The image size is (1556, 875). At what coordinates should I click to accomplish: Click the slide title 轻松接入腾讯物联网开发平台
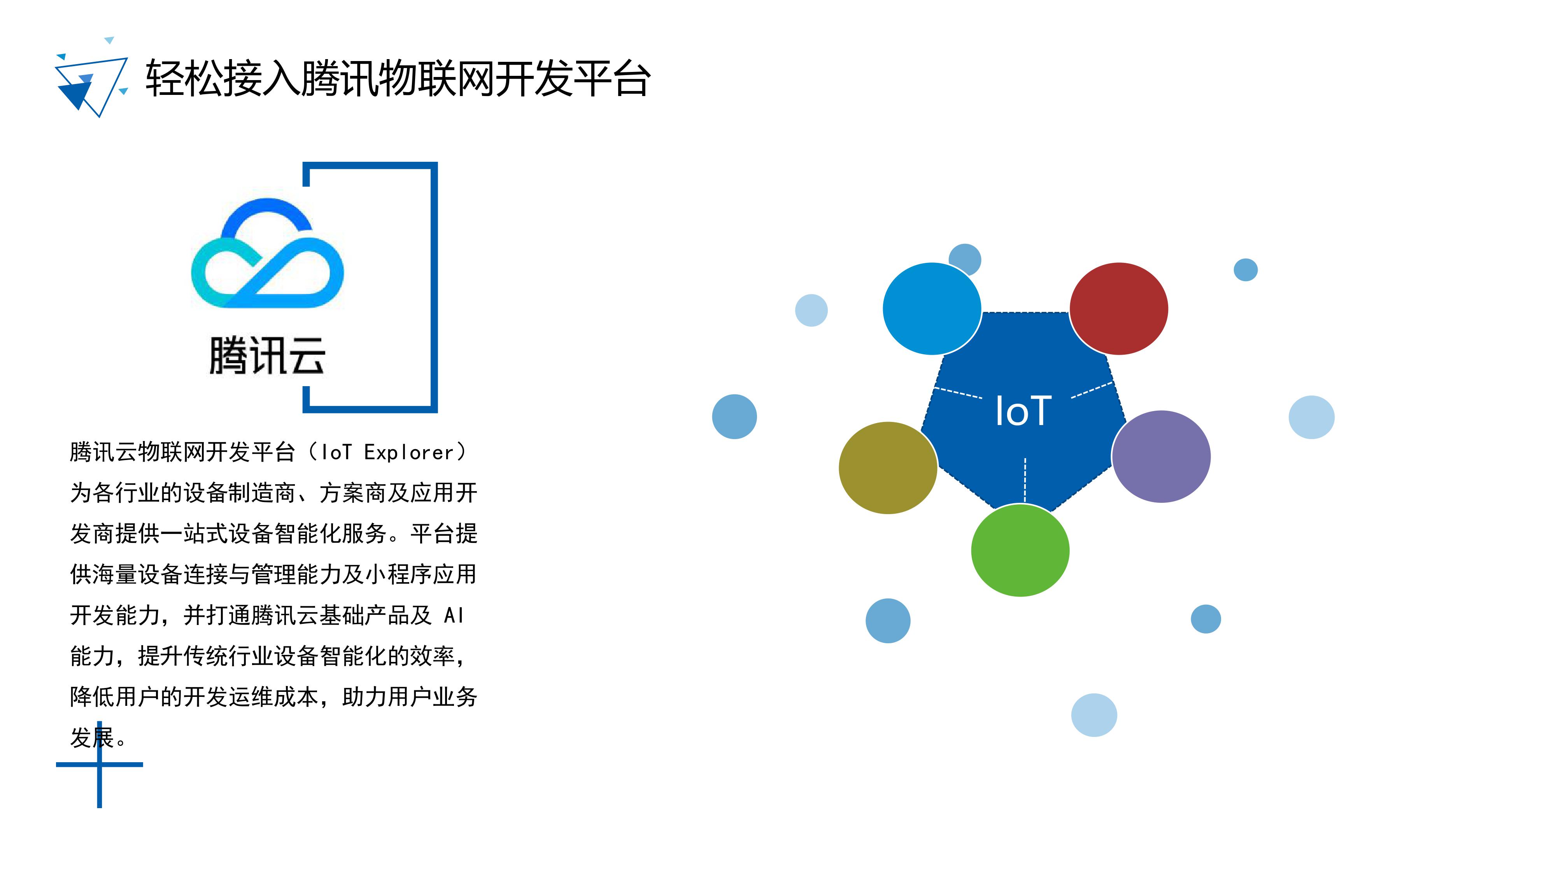pyautogui.click(x=398, y=79)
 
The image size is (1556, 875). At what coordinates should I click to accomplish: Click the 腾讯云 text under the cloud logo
pyautogui.click(x=267, y=356)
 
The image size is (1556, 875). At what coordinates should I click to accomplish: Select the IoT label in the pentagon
pyautogui.click(x=1023, y=411)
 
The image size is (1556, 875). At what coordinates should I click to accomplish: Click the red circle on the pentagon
pyautogui.click(x=1119, y=308)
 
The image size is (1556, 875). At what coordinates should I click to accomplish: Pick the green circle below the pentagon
pyautogui.click(x=1020, y=551)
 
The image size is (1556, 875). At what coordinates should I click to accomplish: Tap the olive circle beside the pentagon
pyautogui.click(x=888, y=468)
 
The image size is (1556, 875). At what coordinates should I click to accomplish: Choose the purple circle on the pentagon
pyautogui.click(x=1161, y=457)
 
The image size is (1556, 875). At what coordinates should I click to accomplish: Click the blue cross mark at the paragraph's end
pyautogui.click(x=100, y=765)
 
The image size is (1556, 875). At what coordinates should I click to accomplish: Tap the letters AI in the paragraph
pyautogui.click(x=454, y=615)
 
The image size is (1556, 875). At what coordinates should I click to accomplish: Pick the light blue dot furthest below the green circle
pyautogui.click(x=1094, y=715)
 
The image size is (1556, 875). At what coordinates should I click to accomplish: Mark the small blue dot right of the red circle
pyautogui.click(x=1246, y=270)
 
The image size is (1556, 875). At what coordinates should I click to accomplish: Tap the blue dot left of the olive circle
pyautogui.click(x=734, y=416)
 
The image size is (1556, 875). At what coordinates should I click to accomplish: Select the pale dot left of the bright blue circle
pyautogui.click(x=811, y=310)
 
